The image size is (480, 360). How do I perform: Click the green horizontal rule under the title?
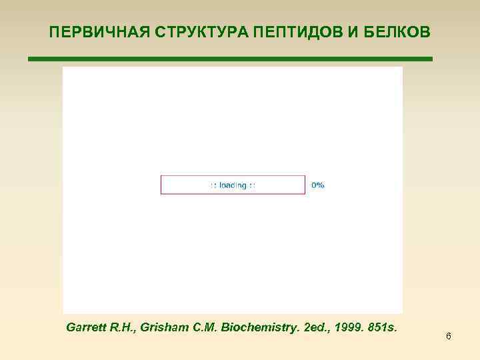[230, 59]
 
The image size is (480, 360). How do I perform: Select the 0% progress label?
[318, 185]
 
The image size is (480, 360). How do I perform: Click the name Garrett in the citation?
[89, 327]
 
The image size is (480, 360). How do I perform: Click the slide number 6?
[449, 337]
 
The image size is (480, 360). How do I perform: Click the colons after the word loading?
[252, 185]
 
